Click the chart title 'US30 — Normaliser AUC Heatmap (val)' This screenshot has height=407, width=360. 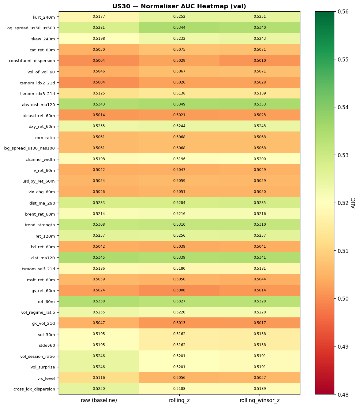pyautogui.click(x=179, y=6)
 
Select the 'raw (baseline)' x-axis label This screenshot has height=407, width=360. pyautogui.click(x=99, y=400)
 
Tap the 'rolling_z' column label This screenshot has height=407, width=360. pyautogui.click(x=179, y=400)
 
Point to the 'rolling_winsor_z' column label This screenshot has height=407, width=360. pyautogui.click(x=260, y=400)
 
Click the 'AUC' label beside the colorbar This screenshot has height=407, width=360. pyautogui.click(x=354, y=203)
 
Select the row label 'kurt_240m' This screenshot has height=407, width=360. pyautogui.click(x=44, y=17)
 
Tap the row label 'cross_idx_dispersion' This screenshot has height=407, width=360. pyautogui.click(x=34, y=389)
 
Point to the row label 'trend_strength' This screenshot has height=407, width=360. pyautogui.click(x=40, y=225)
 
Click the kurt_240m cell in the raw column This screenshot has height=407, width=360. pyautogui.click(x=99, y=17)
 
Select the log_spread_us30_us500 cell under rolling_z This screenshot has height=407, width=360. pyautogui.click(x=179, y=28)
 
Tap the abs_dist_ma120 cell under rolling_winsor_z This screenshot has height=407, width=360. pyautogui.click(x=260, y=104)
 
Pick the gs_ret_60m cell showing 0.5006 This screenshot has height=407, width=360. pyautogui.click(x=179, y=290)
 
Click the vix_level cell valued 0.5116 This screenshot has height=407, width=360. pyautogui.click(x=99, y=378)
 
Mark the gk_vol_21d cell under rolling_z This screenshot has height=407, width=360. pyautogui.click(x=179, y=323)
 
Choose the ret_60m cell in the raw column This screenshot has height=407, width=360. pyautogui.click(x=99, y=301)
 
